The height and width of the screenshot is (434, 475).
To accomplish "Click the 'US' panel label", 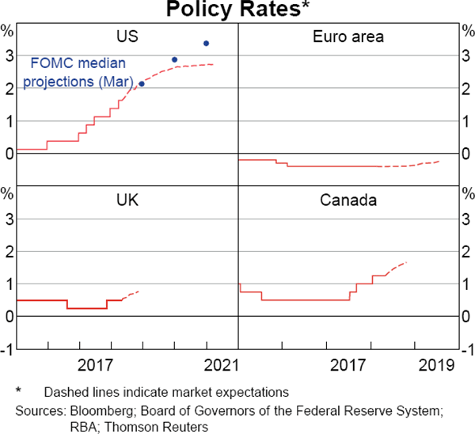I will click(127, 36).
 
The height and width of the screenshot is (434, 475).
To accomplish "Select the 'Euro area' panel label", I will click(348, 36).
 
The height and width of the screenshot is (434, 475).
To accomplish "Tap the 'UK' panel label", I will click(127, 200).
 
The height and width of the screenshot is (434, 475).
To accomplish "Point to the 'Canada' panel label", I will click(348, 200).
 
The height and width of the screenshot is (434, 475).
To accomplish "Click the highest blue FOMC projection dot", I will click(207, 43).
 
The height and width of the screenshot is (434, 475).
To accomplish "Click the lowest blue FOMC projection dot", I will click(142, 84).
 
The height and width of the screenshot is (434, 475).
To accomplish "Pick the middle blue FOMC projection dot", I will click(175, 59).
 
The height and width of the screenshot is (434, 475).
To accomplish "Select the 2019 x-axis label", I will click(436, 365).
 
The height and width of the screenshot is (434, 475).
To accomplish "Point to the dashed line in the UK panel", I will click(131, 295).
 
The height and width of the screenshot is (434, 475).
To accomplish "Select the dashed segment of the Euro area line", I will click(412, 164).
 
